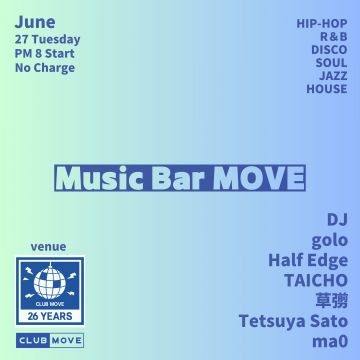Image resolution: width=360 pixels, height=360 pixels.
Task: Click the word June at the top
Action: pyautogui.click(x=35, y=19)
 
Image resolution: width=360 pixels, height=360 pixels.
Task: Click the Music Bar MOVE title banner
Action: pyautogui.click(x=180, y=177)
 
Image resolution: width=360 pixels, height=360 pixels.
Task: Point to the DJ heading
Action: pyautogui.click(x=335, y=219)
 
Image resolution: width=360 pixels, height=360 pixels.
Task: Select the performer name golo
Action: pyautogui.click(x=329, y=240)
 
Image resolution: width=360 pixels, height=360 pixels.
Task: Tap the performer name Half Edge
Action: pyautogui.click(x=308, y=260)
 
